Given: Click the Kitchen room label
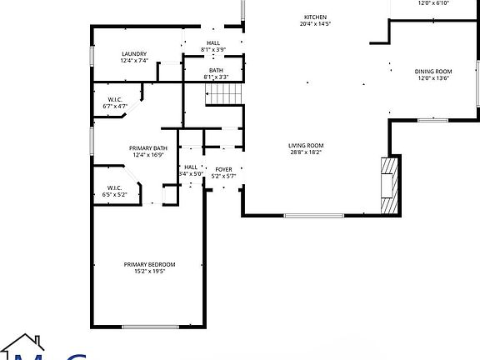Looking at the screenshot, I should point(315,17).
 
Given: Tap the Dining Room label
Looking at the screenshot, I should point(432,72).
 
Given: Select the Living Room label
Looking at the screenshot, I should point(306,145).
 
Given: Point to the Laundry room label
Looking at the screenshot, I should point(133,53).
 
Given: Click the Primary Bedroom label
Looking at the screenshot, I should point(150,264).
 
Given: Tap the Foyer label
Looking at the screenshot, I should point(223,169).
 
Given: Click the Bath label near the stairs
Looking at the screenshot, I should point(216,70).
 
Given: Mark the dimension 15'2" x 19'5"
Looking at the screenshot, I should point(150,272).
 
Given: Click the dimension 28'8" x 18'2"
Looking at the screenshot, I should point(306,152).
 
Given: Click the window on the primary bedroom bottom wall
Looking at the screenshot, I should point(150,325).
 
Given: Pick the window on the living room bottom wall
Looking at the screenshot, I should point(314,216).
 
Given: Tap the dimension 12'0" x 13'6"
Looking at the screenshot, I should point(432,79).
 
